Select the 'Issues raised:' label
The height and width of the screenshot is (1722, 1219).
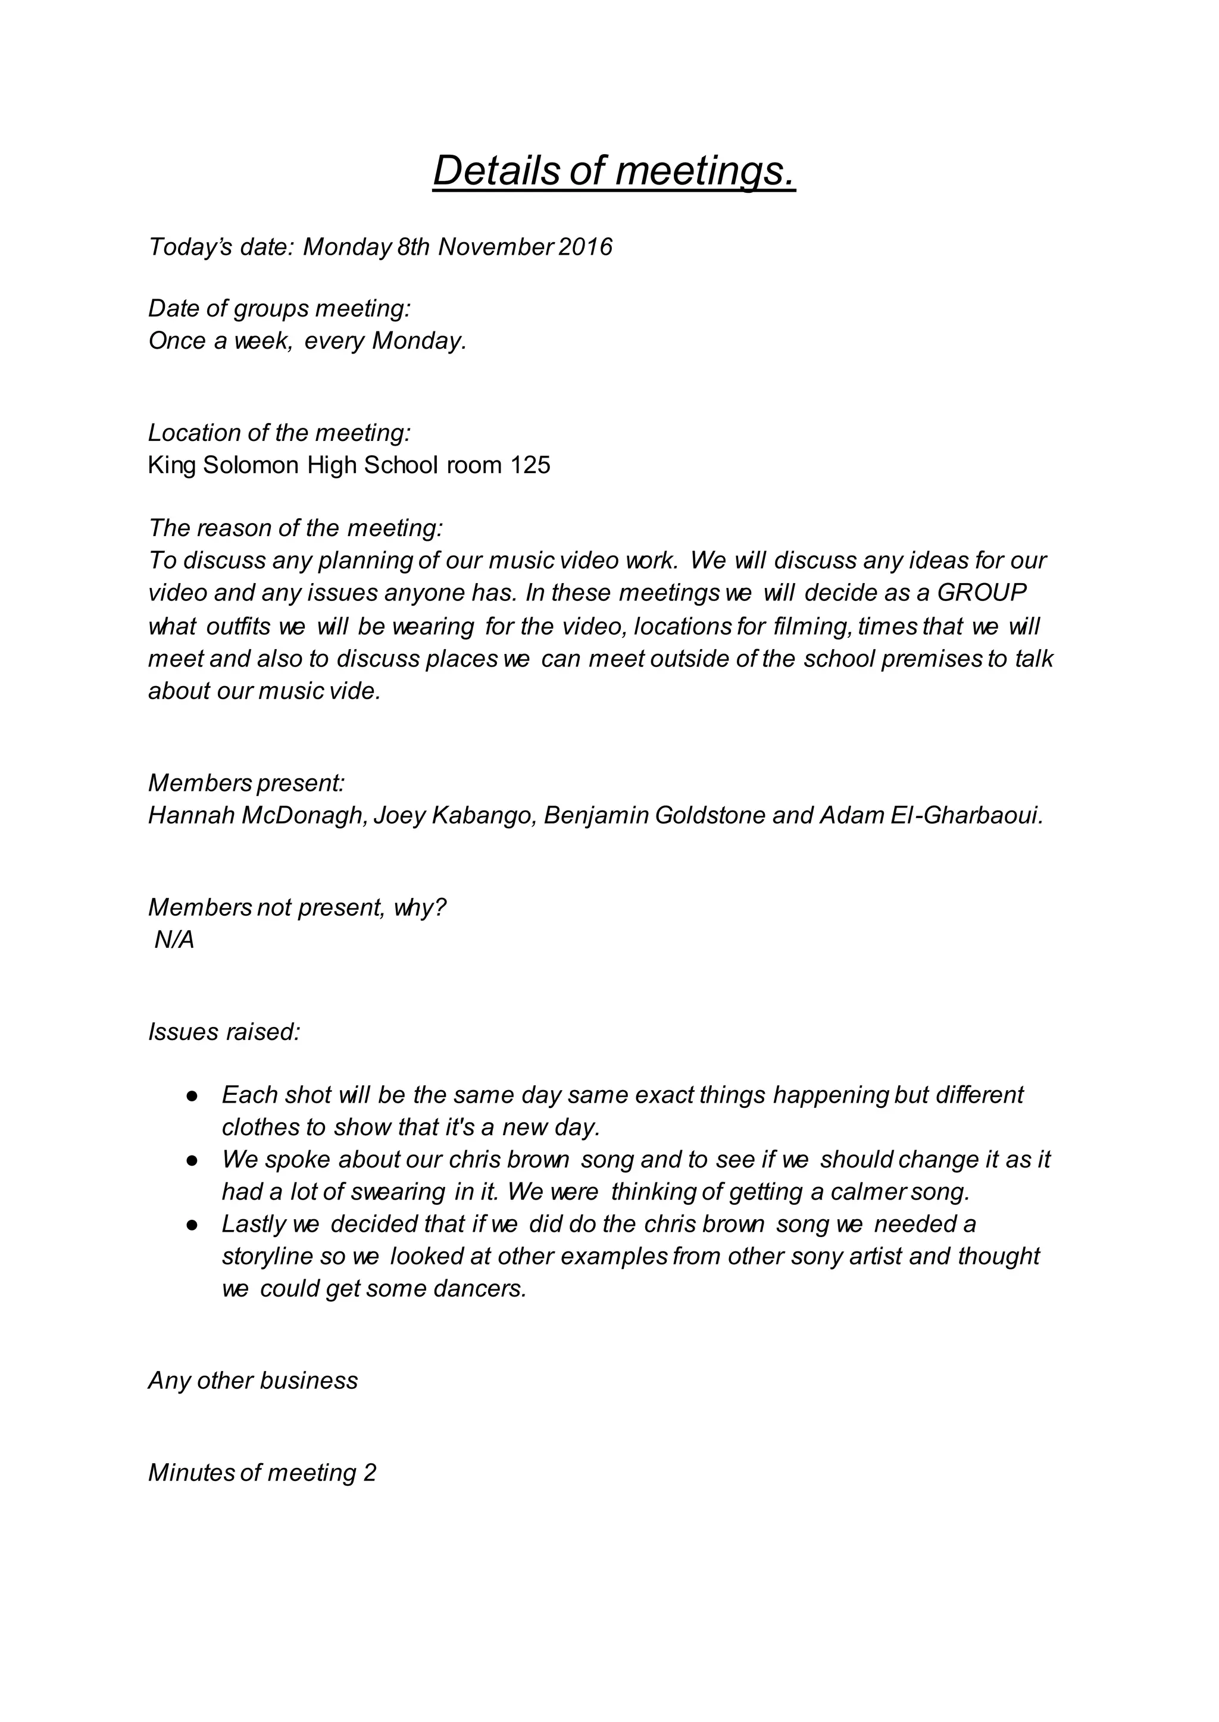224,1032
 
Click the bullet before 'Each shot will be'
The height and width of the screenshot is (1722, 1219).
192,1096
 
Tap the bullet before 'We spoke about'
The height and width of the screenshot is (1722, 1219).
192,1161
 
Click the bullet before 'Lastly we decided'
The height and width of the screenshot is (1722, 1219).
192,1225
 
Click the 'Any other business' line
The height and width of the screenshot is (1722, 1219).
253,1380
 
